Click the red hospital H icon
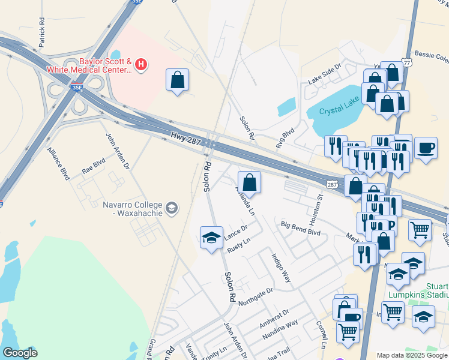click(141, 64)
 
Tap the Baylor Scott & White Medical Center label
click(106, 65)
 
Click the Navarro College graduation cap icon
click(172, 208)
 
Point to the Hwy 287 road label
click(185, 137)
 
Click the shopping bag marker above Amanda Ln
click(249, 182)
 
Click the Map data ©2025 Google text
click(411, 355)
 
